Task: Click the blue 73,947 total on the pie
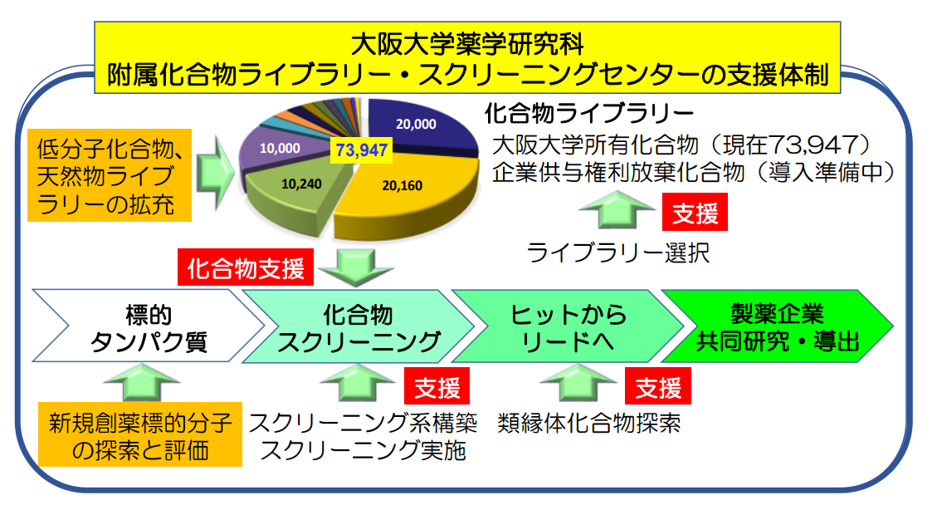[362, 150]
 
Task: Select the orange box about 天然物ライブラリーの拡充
[111, 176]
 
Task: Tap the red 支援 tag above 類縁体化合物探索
[659, 387]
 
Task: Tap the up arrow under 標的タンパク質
[139, 384]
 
